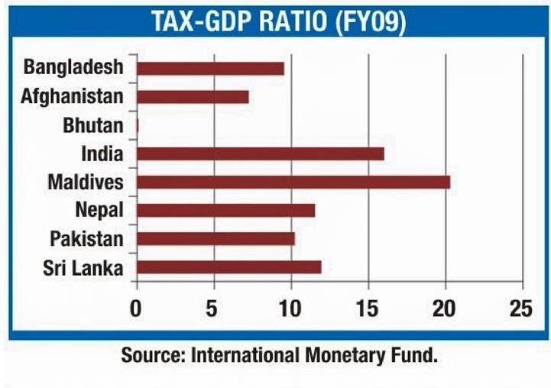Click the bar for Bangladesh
pyautogui.click(x=210, y=68)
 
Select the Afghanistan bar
pyautogui.click(x=193, y=97)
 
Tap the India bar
pyautogui.click(x=260, y=154)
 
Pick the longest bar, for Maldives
pyautogui.click(x=293, y=182)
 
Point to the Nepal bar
pyautogui.click(x=225, y=210)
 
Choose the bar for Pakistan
pyautogui.click(x=216, y=239)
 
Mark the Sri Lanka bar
pyautogui.click(x=229, y=267)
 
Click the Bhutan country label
pyautogui.click(x=92, y=125)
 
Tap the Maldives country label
pyautogui.click(x=85, y=183)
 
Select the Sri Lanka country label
pyautogui.click(x=85, y=268)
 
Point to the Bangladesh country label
pyautogui.click(x=73, y=67)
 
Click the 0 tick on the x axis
pyautogui.click(x=136, y=309)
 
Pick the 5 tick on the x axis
pyautogui.click(x=213, y=309)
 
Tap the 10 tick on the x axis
pyautogui.click(x=290, y=309)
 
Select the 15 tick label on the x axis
pyautogui.click(x=368, y=309)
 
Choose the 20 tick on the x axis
pyautogui.click(x=445, y=309)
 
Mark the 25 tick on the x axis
pyautogui.click(x=521, y=309)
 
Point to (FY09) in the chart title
pyautogui.click(x=368, y=22)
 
